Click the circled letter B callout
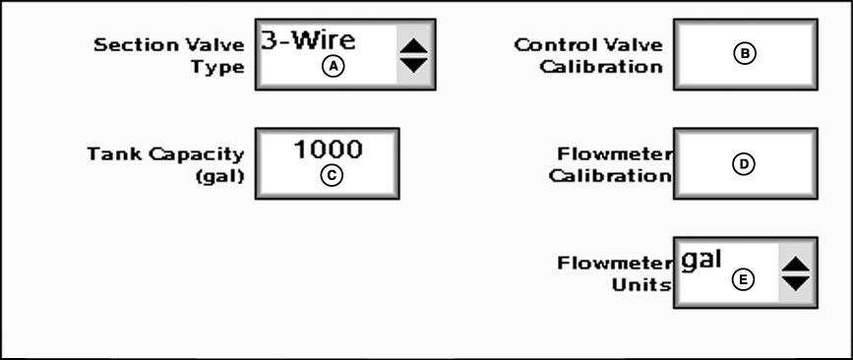[745, 54]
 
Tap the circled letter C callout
[333, 176]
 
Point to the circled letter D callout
[745, 164]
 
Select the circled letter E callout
[745, 280]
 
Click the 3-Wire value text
[307, 40]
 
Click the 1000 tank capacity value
[329, 150]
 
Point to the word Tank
[107, 154]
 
